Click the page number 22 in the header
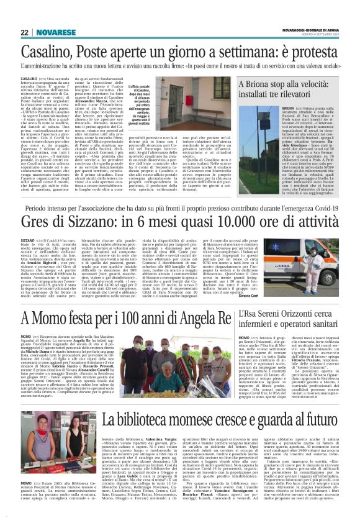(24, 32)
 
